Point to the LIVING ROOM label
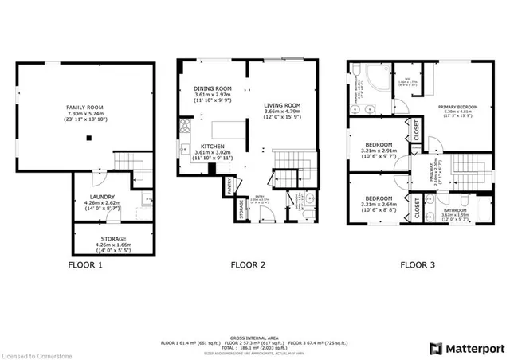pos(282,104)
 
